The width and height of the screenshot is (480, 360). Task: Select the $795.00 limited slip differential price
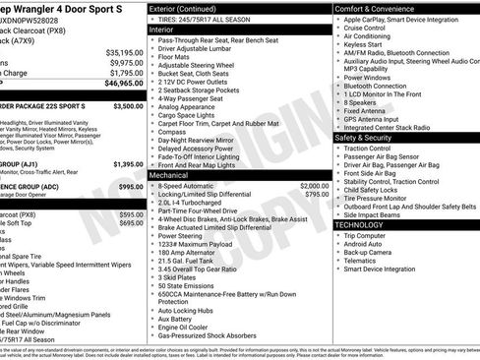[317, 194]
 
